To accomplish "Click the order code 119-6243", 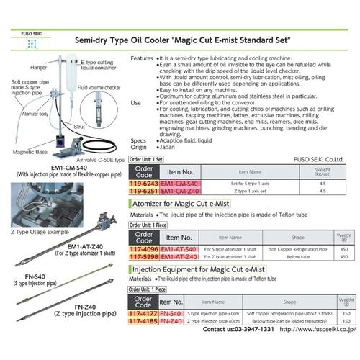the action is pyautogui.click(x=142, y=184).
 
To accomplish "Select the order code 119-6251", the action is pyautogui.click(x=142, y=192).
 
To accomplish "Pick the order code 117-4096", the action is pyautogui.click(x=142, y=249).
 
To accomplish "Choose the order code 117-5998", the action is pyautogui.click(x=142, y=256).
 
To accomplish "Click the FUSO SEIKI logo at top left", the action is pyautogui.click(x=30, y=38).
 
